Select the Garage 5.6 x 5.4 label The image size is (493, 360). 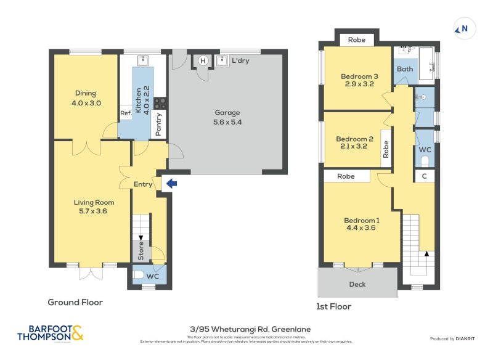pos(227,117)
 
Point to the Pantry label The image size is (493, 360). pos(158,124)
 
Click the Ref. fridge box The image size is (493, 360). pos(126,113)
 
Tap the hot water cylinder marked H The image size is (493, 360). pos(203,60)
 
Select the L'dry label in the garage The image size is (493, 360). pos(241,61)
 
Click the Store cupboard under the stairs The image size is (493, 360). pos(141,251)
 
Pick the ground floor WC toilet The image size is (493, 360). pos(139,276)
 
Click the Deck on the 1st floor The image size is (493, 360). pos(357,284)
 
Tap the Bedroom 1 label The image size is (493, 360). pos(361,224)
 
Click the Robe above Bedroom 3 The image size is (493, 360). pos(357,40)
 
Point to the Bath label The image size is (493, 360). pos(405,69)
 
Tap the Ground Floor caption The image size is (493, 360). pos(75,302)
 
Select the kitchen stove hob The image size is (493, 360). pos(160,104)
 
